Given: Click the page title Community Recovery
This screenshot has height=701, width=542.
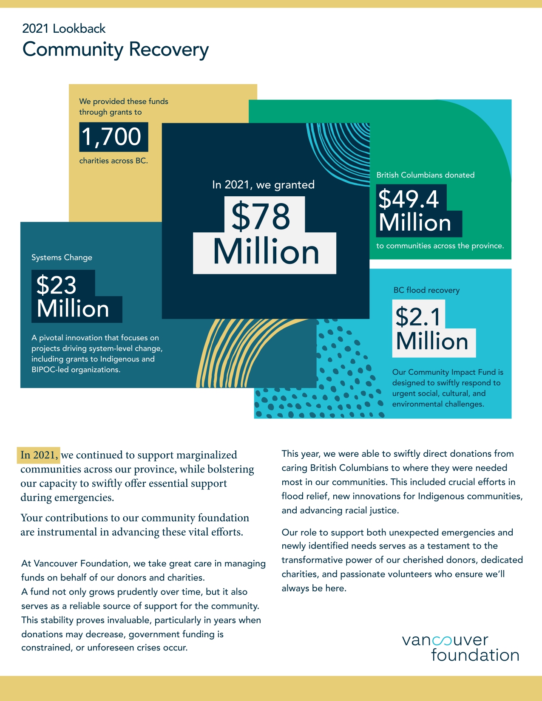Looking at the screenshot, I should (x=115, y=49).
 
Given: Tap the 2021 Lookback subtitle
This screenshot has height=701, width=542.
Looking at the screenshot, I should (x=64, y=28).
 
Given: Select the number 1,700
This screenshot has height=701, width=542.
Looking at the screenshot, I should (x=112, y=137).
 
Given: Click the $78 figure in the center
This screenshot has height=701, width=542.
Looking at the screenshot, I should (x=261, y=216).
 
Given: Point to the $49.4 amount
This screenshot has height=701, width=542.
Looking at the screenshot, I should (x=409, y=198).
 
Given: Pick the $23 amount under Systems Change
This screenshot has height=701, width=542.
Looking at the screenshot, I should (x=57, y=285).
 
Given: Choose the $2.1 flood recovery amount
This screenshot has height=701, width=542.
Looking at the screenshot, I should (x=418, y=317).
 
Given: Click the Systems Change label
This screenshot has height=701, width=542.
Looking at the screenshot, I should (x=62, y=257).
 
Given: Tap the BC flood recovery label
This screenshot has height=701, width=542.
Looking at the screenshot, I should (x=426, y=290).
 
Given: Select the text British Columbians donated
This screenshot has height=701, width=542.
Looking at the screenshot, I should (x=425, y=175).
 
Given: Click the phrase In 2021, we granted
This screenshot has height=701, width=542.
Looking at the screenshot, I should (x=263, y=185).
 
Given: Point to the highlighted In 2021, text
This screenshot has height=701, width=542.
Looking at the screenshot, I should (x=39, y=455).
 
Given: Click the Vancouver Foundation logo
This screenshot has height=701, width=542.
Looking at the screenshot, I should (x=460, y=648).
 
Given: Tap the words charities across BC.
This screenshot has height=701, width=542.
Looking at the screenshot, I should (x=114, y=161).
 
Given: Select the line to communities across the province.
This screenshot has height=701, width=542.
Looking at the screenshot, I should (x=440, y=246).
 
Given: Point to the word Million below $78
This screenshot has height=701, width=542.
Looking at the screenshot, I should (x=266, y=252).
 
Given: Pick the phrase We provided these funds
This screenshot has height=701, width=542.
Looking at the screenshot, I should (x=124, y=102).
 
